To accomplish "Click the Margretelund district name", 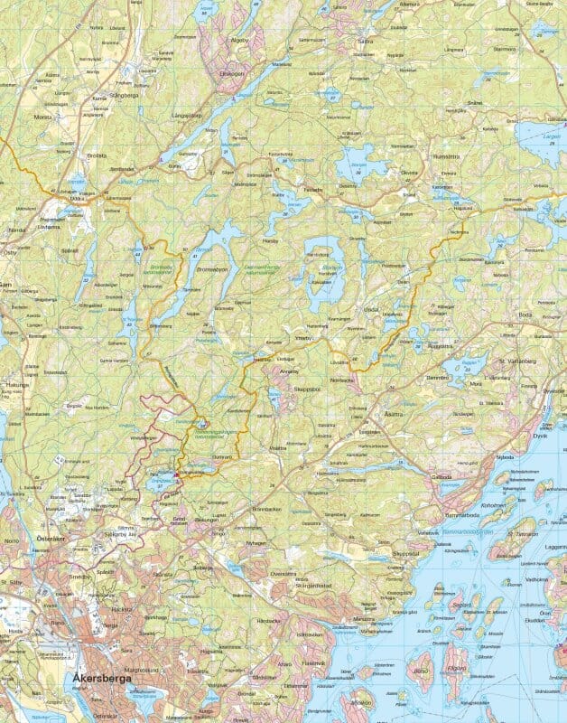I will (146, 670).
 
